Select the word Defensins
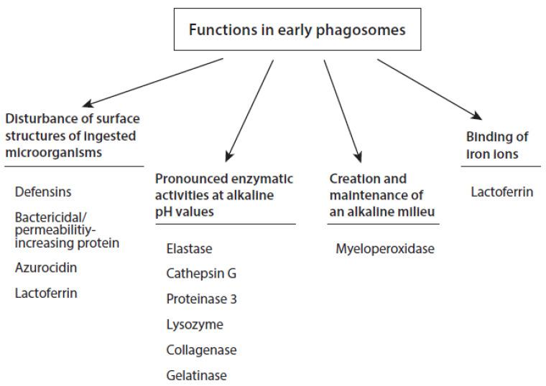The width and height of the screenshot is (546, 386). click(x=42, y=192)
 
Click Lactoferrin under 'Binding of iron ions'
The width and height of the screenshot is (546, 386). click(x=502, y=192)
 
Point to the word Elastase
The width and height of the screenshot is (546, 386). click(x=189, y=248)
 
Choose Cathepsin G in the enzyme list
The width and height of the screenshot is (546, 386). click(x=200, y=273)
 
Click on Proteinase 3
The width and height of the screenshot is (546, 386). click(x=201, y=298)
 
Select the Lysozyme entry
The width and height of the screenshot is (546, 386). click(x=194, y=324)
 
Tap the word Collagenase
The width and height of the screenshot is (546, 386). click(x=201, y=349)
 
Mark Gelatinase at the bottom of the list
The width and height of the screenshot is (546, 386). click(x=196, y=375)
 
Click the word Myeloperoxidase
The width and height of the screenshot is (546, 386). click(x=384, y=249)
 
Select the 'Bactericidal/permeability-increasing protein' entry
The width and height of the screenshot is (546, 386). click(x=67, y=230)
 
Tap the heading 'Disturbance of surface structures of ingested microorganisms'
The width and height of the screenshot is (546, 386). click(x=72, y=134)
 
